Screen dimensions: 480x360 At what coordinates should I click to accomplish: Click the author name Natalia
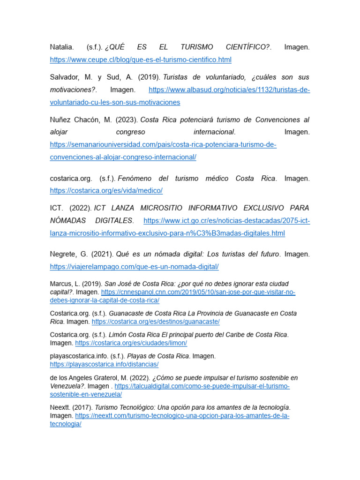(x=61, y=47)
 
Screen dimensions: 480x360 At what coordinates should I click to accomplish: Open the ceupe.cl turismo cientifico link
(x=141, y=60)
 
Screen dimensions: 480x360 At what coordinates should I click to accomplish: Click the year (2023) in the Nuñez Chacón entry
(x=126, y=120)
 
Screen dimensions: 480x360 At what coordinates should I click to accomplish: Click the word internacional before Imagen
(x=214, y=132)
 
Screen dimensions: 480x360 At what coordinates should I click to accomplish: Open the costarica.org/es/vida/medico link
(x=106, y=191)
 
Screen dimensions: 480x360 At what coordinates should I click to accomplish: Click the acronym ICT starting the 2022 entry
(x=56, y=208)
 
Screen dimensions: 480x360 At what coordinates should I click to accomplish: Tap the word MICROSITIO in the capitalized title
(x=158, y=208)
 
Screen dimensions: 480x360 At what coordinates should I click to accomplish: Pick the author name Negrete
(x=64, y=254)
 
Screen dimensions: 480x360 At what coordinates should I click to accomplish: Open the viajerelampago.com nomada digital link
(x=135, y=267)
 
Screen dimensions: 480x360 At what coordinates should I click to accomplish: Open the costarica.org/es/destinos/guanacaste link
(x=156, y=322)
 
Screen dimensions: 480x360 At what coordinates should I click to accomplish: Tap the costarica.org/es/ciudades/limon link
(x=131, y=343)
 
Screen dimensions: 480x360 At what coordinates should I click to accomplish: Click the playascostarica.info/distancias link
(x=104, y=364)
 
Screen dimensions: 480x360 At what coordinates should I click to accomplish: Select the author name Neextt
(x=60, y=407)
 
